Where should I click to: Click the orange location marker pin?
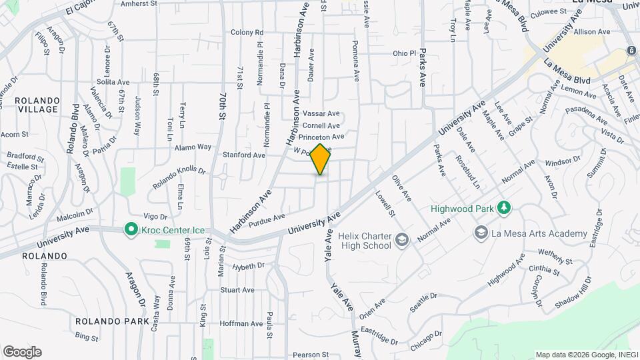point(321,159)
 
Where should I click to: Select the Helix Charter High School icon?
point(401,239)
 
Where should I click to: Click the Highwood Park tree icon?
point(505,209)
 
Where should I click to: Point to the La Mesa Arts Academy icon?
point(481,233)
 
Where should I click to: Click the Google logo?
point(22,352)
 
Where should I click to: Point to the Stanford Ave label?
point(244,155)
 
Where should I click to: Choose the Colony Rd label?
point(247,32)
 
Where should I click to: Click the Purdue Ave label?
point(267,221)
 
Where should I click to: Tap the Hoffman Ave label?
point(241,323)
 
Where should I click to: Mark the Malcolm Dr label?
point(75,215)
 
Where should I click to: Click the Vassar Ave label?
point(321,113)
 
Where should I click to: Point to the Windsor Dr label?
point(563,161)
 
